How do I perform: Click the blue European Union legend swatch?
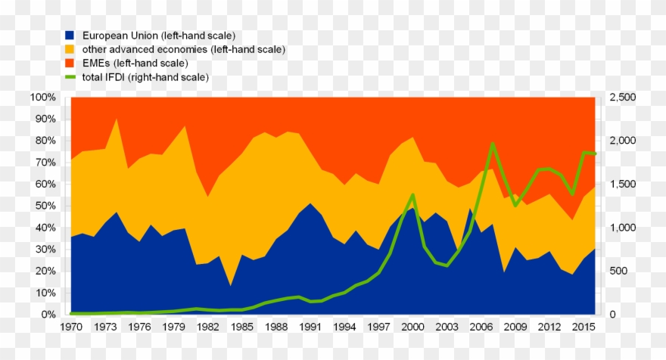pyautogui.click(x=70, y=36)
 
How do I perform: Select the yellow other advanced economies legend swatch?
pyautogui.click(x=70, y=50)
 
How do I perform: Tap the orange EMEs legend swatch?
pyautogui.click(x=70, y=64)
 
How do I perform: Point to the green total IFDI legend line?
pyautogui.click(x=70, y=77)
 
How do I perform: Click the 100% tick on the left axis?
pyautogui.click(x=43, y=98)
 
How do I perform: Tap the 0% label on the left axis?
pyautogui.click(x=48, y=315)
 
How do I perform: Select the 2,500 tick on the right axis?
pyautogui.click(x=623, y=98)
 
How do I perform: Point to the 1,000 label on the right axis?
pyautogui.click(x=623, y=228)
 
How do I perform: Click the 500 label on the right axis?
pyautogui.click(x=618, y=272)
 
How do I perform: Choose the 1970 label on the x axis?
pyautogui.click(x=70, y=327)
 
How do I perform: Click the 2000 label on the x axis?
pyautogui.click(x=412, y=327)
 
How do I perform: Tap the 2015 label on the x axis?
pyautogui.click(x=584, y=327)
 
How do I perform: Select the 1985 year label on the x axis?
pyautogui.click(x=241, y=327)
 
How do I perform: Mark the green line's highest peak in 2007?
pyautogui.click(x=493, y=143)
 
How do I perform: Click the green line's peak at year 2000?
pyautogui.click(x=412, y=194)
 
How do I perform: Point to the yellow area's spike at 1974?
pyautogui.click(x=116, y=119)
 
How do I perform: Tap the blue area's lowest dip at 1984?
pyautogui.click(x=230, y=285)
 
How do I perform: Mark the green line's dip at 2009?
pyautogui.click(x=515, y=205)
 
